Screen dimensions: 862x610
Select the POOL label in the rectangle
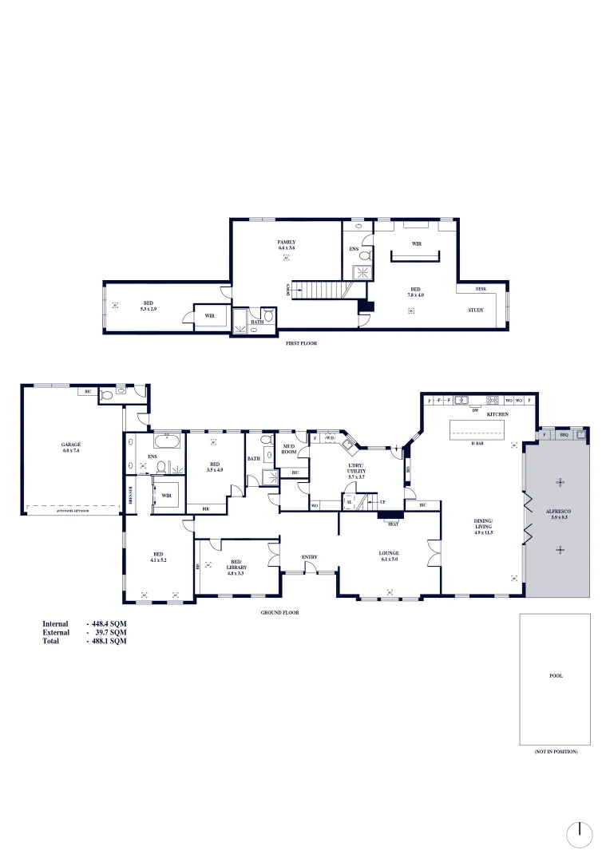pos(556,675)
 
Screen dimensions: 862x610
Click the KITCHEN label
pos(497,414)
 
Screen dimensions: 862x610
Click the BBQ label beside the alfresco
pos(564,435)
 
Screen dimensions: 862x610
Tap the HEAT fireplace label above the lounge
pos(393,524)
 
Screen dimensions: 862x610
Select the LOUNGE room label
pos(389,553)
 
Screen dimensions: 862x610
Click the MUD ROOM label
pos(290,449)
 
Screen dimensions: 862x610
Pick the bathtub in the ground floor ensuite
pos(168,440)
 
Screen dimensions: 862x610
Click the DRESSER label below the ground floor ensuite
pos(129,494)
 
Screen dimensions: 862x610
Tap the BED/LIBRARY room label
pos(236,564)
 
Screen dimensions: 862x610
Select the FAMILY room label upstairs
pos(287,242)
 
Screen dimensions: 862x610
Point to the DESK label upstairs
pos(481,289)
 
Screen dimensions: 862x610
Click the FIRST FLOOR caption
pos(302,342)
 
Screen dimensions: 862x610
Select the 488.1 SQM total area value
pos(109,641)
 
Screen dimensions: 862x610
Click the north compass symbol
pos(580,835)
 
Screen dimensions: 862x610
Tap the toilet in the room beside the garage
pos(121,392)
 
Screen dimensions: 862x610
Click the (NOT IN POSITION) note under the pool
pos(556,752)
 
